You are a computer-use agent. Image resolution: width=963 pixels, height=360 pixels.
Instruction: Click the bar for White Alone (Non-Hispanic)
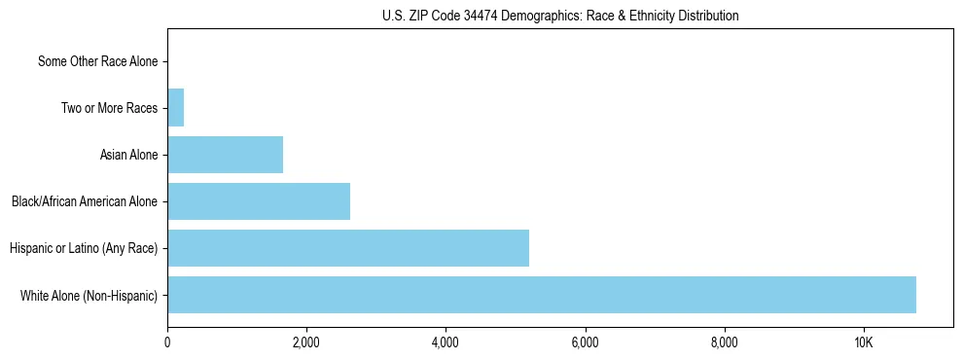pos(542,295)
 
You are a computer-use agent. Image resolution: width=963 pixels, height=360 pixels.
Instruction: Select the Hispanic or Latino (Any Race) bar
pos(348,248)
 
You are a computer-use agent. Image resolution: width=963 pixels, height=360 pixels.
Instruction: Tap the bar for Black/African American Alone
pos(259,201)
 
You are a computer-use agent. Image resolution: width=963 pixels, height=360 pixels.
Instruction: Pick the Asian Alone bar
pos(225,155)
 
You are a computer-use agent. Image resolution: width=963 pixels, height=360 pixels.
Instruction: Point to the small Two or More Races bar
pos(176,108)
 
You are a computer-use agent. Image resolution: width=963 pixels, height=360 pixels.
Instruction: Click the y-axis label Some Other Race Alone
pos(97,62)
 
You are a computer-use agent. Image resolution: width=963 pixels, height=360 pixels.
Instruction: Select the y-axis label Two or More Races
pos(109,108)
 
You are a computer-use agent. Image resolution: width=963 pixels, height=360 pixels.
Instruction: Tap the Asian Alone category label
pos(128,155)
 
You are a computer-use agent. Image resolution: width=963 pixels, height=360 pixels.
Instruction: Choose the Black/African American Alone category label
pos(85,201)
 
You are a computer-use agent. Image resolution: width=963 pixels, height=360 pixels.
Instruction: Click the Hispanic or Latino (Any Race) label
pos(84,248)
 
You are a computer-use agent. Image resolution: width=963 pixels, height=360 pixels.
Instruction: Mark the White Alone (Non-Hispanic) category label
pos(89,295)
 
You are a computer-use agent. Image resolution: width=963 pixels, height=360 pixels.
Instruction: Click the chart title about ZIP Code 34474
pos(560,16)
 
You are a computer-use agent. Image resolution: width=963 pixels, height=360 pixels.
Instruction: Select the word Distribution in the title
pos(712,16)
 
